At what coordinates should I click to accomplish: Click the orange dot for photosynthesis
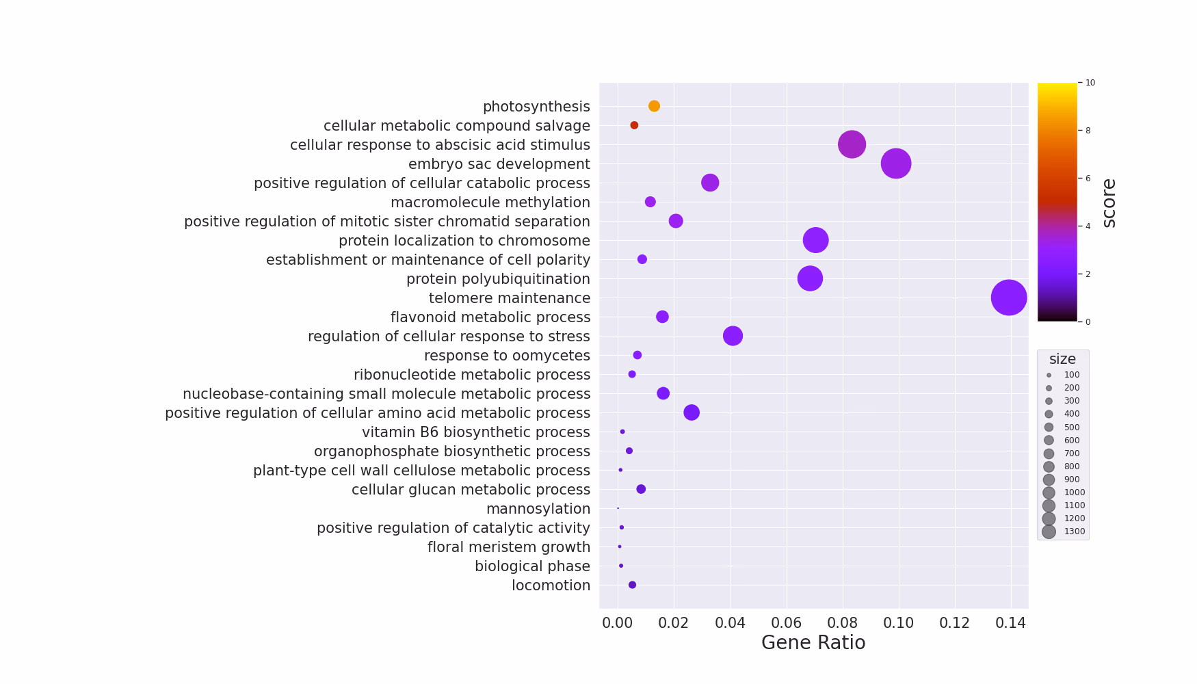pyautogui.click(x=654, y=106)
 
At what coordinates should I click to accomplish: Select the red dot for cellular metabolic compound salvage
pyautogui.click(x=634, y=125)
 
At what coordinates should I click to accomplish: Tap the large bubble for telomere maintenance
pyautogui.click(x=1008, y=298)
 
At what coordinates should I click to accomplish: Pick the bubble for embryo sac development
pyautogui.click(x=895, y=163)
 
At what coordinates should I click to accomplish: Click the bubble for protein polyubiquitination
pyautogui.click(x=810, y=278)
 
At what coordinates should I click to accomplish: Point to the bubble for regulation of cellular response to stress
pyautogui.click(x=733, y=336)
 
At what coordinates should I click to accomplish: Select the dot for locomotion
pyautogui.click(x=632, y=585)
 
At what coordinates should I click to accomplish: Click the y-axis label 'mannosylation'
pyautogui.click(x=538, y=509)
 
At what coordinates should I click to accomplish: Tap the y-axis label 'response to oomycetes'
pyautogui.click(x=507, y=356)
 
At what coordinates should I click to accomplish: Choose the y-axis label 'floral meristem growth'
pyautogui.click(x=508, y=547)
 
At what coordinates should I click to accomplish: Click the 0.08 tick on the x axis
pyautogui.click(x=843, y=623)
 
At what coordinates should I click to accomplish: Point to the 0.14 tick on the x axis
pyautogui.click(x=1011, y=623)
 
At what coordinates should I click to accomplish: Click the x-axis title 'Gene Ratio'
pyautogui.click(x=813, y=643)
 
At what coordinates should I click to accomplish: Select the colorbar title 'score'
pyautogui.click(x=1109, y=202)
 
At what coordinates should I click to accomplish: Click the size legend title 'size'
pyautogui.click(x=1062, y=359)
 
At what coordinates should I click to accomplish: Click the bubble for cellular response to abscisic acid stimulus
pyautogui.click(x=852, y=144)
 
